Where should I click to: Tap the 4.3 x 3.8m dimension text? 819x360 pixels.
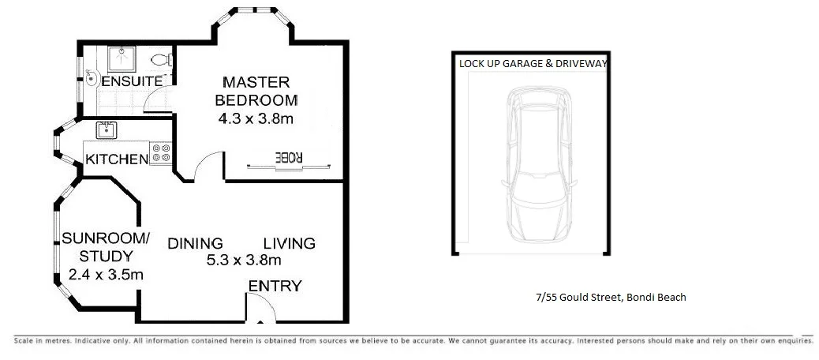257,119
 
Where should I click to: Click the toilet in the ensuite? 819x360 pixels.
160,60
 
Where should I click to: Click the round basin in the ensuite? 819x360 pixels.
92,77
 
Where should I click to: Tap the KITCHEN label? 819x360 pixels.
117,159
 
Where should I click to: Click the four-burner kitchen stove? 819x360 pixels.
162,152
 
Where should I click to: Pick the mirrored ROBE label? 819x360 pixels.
288,156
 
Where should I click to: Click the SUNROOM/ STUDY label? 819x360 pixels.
105,246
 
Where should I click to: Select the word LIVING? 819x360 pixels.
289,243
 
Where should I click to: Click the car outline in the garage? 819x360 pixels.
537,166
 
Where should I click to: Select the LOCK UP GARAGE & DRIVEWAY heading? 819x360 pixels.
533,64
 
